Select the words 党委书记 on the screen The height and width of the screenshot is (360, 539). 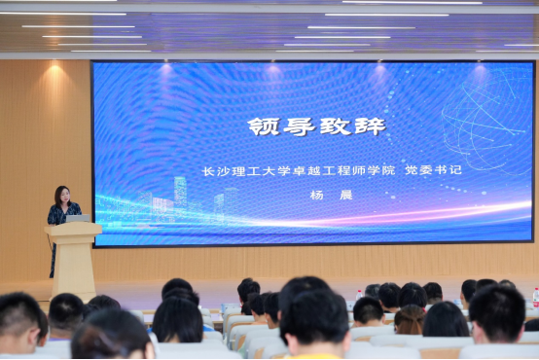[433, 170]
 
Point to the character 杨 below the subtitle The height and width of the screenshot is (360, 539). [316, 195]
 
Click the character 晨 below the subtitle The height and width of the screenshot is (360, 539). [346, 195]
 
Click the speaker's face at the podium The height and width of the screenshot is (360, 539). [64, 196]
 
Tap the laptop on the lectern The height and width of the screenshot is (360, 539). [78, 218]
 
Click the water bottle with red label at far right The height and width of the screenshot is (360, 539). [536, 298]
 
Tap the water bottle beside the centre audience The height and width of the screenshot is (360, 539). [359, 296]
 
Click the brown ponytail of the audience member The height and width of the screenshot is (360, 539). [410, 320]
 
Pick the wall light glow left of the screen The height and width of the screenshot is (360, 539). [54, 69]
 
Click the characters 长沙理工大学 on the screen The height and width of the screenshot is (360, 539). [246, 171]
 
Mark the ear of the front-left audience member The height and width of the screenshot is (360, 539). [33, 337]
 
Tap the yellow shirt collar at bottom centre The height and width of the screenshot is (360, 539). [313, 356]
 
